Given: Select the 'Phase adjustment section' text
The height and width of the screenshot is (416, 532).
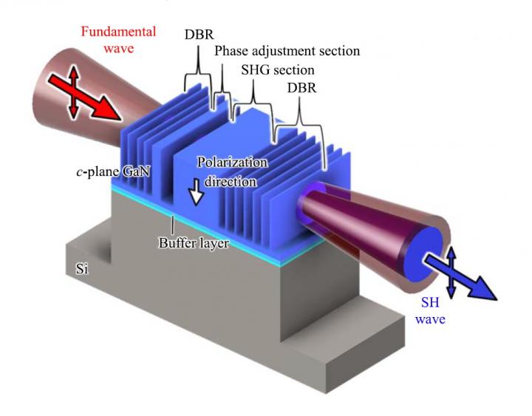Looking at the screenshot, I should [287, 52].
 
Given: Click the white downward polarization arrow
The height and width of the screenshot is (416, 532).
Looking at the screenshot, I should [196, 194].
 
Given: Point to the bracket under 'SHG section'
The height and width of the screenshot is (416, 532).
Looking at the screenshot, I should [253, 92].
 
